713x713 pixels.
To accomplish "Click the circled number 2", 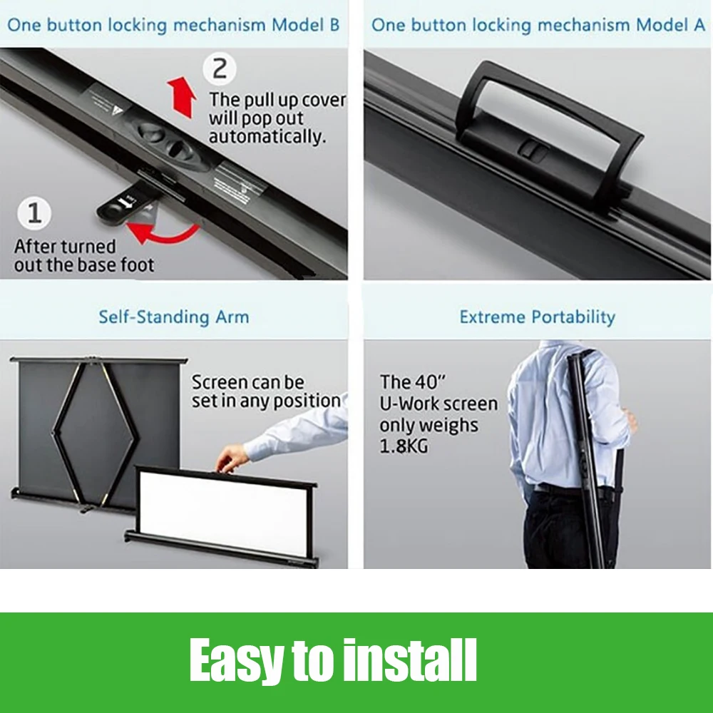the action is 220,68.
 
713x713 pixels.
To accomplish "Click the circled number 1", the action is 34,212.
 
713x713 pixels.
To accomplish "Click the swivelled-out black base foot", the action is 125,205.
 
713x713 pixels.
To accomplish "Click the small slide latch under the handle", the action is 533,150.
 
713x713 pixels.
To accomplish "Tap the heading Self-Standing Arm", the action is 174,317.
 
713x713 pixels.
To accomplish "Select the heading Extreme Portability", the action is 537,317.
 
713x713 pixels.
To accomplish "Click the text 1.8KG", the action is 404,446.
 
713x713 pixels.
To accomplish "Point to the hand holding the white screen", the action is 232,458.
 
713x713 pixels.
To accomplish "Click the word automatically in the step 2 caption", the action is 267,136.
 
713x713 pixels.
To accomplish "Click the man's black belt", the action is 564,489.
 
